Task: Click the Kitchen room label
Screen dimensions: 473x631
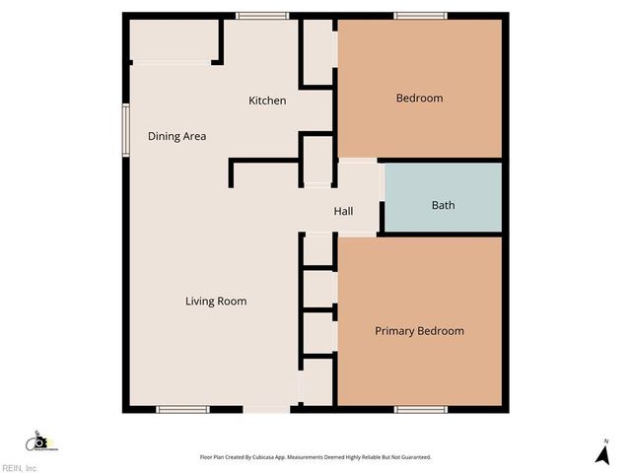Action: point(267,101)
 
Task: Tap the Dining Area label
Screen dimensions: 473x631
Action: point(176,136)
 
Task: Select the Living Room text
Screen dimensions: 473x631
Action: point(216,301)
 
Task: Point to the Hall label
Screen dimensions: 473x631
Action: point(343,211)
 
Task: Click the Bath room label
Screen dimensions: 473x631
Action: point(443,205)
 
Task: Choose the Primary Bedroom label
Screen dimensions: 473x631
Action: point(419,330)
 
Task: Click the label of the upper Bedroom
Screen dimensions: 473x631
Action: point(419,98)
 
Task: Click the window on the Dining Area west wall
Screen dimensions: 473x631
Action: point(125,129)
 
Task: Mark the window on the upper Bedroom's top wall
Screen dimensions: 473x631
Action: point(420,16)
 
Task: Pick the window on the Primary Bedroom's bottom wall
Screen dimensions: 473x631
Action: point(421,409)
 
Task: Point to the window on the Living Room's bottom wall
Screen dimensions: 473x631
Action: point(183,409)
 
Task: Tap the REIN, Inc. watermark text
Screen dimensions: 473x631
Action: point(20,468)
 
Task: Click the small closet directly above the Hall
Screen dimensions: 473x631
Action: point(317,160)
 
